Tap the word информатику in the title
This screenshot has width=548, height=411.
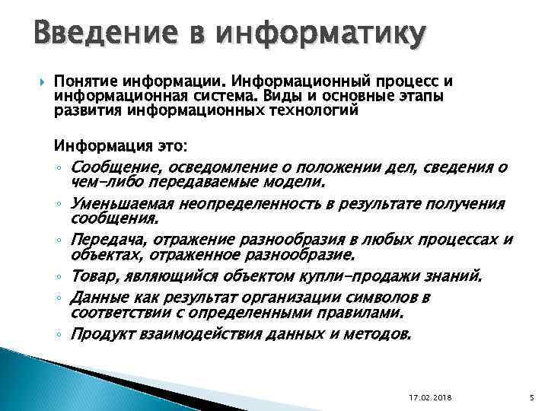320,35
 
